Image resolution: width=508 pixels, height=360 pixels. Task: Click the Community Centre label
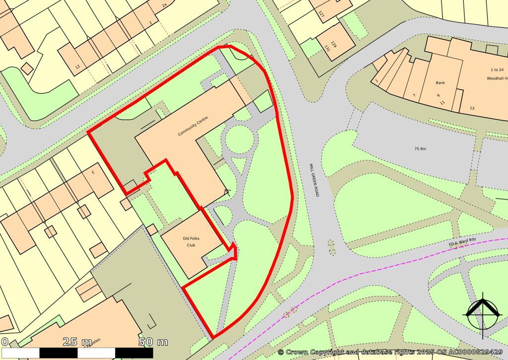click(x=193, y=126)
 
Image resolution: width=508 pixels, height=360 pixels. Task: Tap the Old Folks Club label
click(x=191, y=242)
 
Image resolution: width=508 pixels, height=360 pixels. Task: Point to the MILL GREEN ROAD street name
click(x=314, y=180)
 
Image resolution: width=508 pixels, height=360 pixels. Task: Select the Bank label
click(x=440, y=83)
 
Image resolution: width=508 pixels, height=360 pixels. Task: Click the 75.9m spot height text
click(x=420, y=148)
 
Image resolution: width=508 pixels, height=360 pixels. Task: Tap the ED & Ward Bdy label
click(x=462, y=242)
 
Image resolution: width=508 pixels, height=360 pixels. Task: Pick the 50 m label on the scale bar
click(x=153, y=342)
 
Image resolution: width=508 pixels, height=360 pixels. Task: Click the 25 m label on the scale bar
click(x=77, y=342)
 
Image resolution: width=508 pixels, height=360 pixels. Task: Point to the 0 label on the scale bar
click(x=4, y=342)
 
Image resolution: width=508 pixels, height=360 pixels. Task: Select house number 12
click(x=77, y=67)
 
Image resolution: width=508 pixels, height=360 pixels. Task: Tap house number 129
click(x=334, y=44)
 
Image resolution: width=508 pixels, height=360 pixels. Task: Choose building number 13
click(x=472, y=108)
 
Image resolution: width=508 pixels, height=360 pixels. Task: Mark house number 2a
click(x=164, y=6)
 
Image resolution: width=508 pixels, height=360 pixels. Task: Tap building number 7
click(x=413, y=95)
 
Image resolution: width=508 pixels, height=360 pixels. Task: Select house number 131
click(x=327, y=48)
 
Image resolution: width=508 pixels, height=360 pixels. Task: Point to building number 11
click(x=443, y=102)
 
